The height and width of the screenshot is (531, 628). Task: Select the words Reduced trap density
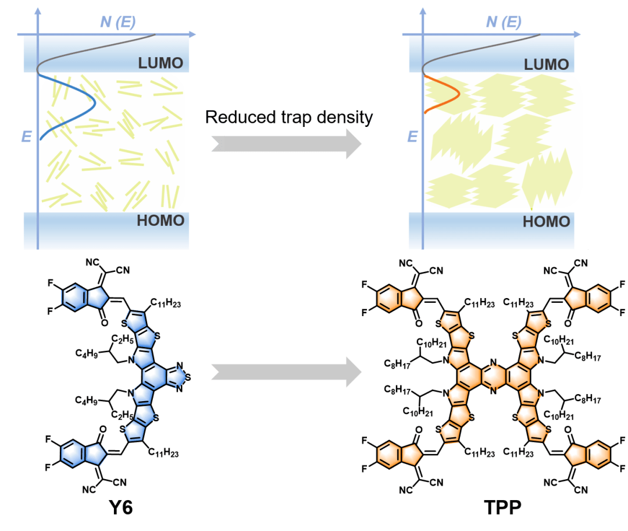pos(288,117)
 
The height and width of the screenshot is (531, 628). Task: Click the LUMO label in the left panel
pos(160,63)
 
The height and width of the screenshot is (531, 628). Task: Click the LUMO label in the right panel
pos(547,65)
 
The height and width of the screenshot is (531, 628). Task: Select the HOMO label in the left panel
pos(160,221)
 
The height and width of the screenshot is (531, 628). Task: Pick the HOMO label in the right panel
pos(547,222)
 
